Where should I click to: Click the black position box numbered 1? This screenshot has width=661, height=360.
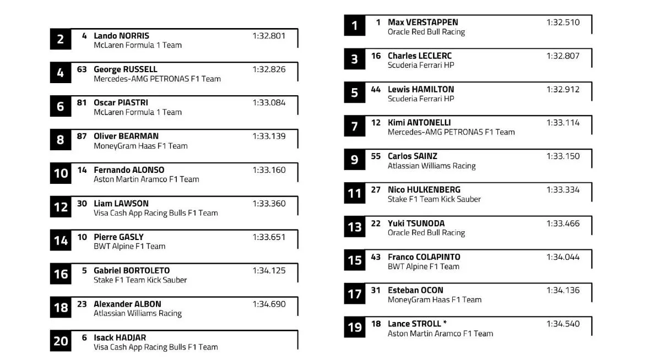point(355,25)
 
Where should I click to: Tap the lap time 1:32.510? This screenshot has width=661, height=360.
point(563,23)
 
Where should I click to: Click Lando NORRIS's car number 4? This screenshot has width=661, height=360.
point(84,36)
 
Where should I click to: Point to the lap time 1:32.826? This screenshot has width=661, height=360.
point(269,69)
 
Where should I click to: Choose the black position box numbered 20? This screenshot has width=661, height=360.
point(61,341)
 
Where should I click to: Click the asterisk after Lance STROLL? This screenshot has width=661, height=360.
point(445,324)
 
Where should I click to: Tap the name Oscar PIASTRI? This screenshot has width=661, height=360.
point(121,103)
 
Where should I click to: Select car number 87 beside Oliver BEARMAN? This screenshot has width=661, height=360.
point(82,136)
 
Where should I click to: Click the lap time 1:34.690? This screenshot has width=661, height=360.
point(269,304)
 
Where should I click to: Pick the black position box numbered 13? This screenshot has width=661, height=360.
point(355,226)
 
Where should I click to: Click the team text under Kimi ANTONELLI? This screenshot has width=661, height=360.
point(451,132)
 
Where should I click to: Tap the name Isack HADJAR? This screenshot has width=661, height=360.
point(120,337)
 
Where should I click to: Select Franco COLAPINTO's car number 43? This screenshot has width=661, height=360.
point(376,257)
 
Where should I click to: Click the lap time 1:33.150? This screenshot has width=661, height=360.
point(563,156)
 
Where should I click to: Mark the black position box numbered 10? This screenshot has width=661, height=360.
point(61,173)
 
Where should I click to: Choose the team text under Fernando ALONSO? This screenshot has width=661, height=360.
point(146,179)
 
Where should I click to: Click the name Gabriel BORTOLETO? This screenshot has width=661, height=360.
point(132,270)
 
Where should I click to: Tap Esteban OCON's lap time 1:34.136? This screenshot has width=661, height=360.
point(563,290)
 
